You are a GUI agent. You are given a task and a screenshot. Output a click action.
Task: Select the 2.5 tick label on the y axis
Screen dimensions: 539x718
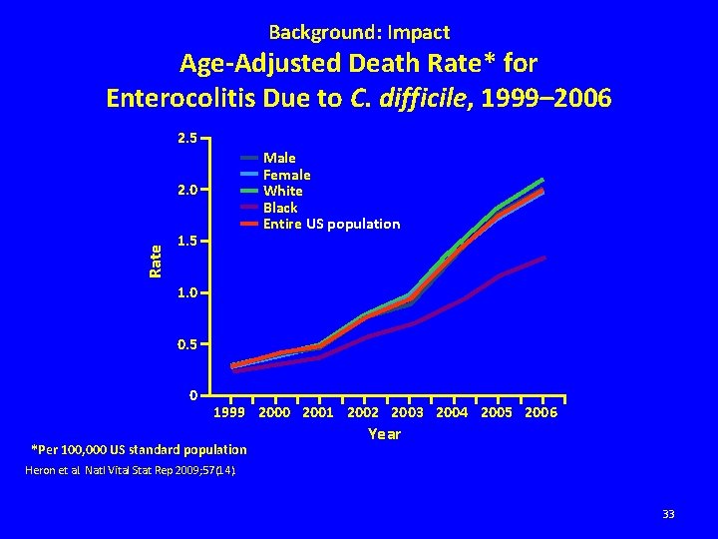(x=187, y=137)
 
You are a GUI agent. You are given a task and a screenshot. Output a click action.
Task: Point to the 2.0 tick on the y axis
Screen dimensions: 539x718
(x=187, y=189)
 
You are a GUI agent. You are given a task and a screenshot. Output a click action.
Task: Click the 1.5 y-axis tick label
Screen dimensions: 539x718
(x=187, y=241)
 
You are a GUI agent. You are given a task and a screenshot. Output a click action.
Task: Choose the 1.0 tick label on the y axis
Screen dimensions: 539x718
(x=187, y=292)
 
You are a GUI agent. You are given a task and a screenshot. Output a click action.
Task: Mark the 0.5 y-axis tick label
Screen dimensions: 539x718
(x=187, y=344)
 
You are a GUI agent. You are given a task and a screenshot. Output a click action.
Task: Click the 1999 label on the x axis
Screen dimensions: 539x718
(x=230, y=412)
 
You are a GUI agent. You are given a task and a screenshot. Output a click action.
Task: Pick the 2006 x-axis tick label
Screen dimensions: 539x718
(x=540, y=412)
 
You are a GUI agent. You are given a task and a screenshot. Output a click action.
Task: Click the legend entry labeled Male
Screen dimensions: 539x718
(x=278, y=158)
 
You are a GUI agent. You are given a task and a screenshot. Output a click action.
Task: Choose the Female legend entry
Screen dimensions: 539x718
(x=286, y=175)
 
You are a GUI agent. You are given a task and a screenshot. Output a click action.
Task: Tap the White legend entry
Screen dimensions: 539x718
(x=282, y=191)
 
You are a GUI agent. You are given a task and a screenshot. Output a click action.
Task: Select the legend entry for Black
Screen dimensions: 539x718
(x=280, y=208)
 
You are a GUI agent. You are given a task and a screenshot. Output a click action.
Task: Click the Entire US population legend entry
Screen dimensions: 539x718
(x=331, y=224)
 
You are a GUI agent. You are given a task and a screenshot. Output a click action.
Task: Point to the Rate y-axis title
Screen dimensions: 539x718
(x=155, y=262)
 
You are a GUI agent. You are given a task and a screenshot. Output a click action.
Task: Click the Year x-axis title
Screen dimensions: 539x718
(x=384, y=434)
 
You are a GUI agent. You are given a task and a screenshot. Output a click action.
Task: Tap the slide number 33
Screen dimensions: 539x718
(x=668, y=514)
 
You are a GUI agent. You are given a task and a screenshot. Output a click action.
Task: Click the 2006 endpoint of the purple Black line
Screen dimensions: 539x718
(x=543, y=258)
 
